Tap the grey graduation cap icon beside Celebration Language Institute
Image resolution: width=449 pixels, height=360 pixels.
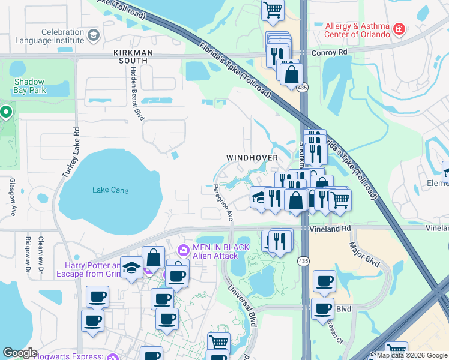93,35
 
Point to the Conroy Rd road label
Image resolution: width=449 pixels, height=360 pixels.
330,53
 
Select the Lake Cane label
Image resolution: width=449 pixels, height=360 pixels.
110,190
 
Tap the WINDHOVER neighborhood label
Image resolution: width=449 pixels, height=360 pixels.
252,158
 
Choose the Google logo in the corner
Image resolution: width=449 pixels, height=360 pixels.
20,353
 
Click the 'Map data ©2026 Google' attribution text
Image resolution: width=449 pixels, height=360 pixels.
412,355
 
